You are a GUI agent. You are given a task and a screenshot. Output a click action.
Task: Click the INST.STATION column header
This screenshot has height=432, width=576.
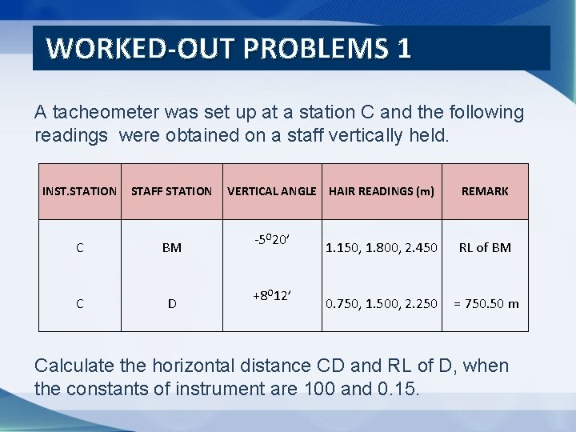(x=79, y=191)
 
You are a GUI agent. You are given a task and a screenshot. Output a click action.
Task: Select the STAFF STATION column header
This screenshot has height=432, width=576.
(x=171, y=191)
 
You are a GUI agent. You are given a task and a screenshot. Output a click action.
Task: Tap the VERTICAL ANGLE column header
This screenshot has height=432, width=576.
(x=273, y=191)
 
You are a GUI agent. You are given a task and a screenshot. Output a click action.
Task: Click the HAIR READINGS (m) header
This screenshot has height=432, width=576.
(x=382, y=191)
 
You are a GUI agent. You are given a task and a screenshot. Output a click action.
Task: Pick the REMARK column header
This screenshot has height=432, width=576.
(x=485, y=191)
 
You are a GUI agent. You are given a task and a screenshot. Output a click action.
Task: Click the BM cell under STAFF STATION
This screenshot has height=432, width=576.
(x=171, y=248)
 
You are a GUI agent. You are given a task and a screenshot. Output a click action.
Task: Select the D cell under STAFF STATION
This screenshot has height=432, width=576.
(x=171, y=304)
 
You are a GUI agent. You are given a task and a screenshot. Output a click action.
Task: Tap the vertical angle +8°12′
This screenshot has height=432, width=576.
(x=272, y=295)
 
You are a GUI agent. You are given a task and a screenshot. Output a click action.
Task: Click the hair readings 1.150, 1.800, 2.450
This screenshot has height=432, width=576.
(x=382, y=248)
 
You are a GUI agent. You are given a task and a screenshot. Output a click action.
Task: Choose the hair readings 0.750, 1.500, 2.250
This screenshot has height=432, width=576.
(x=382, y=304)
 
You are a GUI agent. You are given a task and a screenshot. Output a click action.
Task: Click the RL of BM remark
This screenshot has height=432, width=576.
(x=485, y=248)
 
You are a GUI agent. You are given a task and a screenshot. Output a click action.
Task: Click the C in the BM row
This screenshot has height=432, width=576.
(x=79, y=248)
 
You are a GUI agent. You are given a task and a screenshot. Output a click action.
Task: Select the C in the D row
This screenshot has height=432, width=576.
(x=79, y=304)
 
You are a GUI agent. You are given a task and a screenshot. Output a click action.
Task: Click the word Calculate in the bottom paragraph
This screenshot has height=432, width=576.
(x=76, y=366)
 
